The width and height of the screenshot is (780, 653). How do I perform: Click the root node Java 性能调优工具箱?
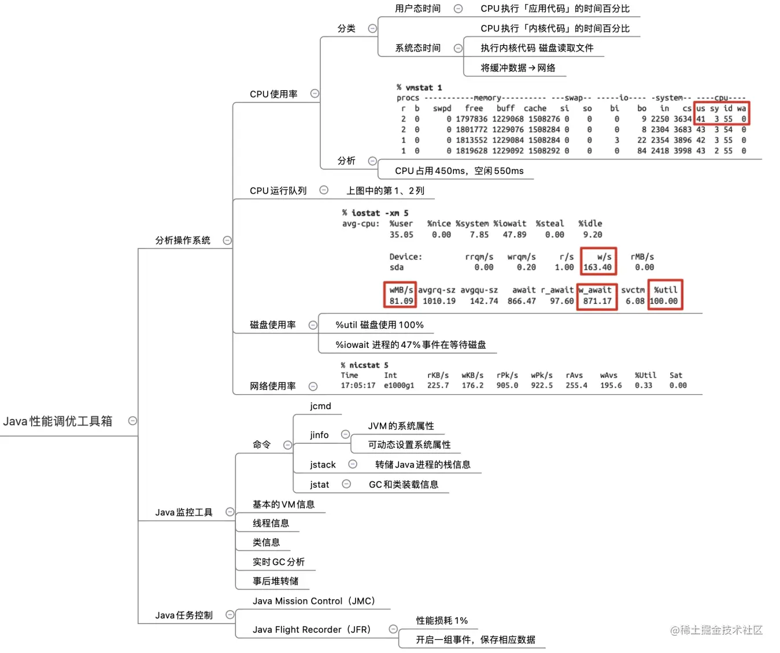click(x=58, y=421)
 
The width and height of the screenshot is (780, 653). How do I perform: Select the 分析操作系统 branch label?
click(x=183, y=240)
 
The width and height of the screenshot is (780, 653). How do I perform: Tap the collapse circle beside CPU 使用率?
click(x=315, y=94)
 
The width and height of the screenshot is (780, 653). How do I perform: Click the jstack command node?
click(x=323, y=465)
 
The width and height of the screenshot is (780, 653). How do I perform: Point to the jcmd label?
click(x=320, y=406)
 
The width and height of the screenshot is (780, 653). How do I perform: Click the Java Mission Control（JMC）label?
click(x=314, y=601)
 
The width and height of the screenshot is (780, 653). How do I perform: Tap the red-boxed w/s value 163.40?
click(x=597, y=268)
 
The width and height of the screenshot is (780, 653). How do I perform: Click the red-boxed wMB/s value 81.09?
click(x=401, y=301)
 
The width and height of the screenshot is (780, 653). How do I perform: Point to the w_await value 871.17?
click(x=597, y=301)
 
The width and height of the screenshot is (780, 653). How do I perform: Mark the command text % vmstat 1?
click(x=419, y=88)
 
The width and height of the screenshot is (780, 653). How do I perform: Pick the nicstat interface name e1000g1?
click(x=399, y=385)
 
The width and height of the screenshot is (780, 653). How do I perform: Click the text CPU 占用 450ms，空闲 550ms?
click(x=459, y=171)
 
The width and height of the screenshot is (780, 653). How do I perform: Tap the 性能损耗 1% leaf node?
click(x=442, y=621)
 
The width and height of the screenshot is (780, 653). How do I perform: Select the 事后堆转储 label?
click(x=276, y=581)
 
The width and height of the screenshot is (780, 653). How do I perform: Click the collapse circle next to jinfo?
click(x=345, y=434)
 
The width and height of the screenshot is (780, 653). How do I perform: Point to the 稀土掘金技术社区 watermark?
click(x=716, y=630)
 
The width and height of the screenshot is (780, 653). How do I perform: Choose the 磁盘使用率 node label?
click(x=273, y=325)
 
